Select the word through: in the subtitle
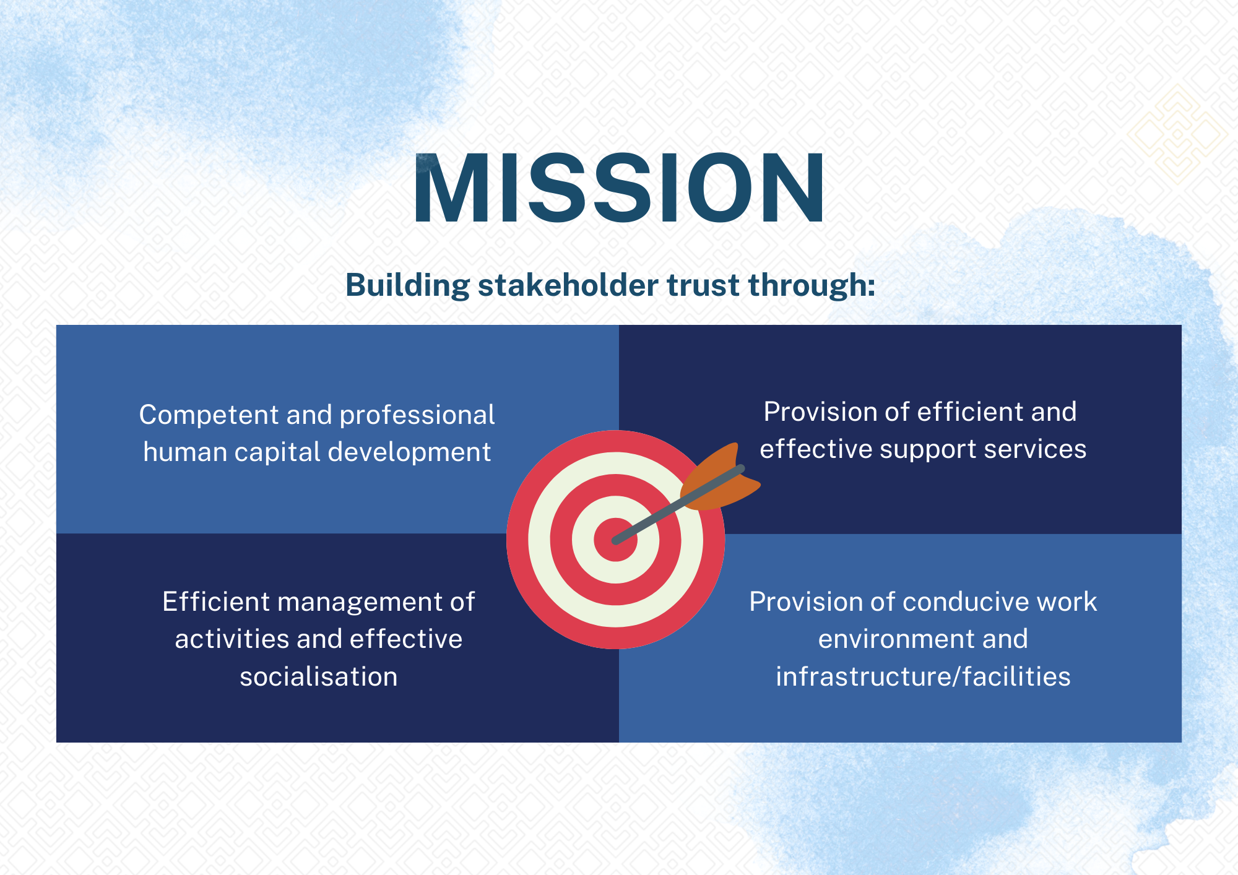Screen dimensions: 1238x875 [x=812, y=286]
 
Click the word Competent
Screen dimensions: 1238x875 [x=209, y=415]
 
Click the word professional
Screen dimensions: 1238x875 [x=417, y=415]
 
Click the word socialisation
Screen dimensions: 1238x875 [x=319, y=676]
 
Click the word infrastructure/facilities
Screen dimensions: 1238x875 [x=923, y=676]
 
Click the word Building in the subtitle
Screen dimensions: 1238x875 [x=408, y=286]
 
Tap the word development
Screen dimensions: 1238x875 [x=409, y=452]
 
